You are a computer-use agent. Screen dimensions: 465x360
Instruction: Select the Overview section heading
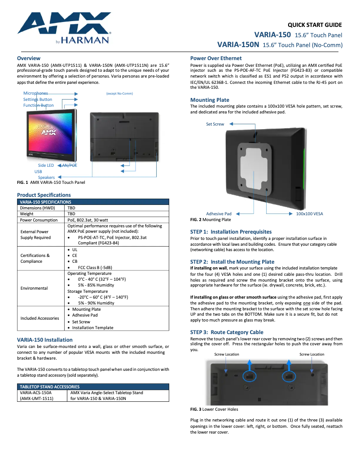[29, 58]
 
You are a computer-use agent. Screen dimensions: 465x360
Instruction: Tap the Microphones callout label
[35, 93]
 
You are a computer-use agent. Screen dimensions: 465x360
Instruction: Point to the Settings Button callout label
[38, 100]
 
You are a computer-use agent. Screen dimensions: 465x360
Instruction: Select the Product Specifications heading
[44, 195]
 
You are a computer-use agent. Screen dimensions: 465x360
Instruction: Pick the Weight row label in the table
[27, 214]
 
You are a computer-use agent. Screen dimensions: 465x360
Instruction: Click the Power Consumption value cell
[85, 220]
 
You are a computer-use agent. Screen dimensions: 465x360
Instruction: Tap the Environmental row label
[34, 288]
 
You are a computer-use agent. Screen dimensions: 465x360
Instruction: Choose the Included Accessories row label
[40, 318]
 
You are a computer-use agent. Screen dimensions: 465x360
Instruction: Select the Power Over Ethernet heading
[216, 58]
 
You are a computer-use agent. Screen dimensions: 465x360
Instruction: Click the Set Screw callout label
[215, 124]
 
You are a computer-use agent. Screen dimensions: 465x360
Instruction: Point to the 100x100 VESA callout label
[309, 214]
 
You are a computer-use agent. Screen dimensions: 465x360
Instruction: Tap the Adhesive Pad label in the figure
[219, 214]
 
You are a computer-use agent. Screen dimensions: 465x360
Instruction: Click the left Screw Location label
[227, 354]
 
